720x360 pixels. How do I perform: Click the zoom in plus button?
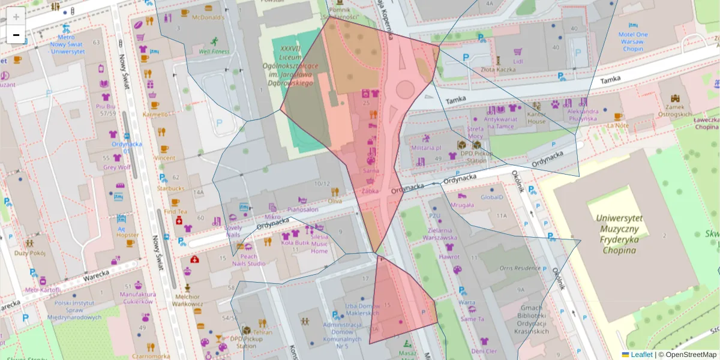16,17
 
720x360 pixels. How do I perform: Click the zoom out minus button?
16,35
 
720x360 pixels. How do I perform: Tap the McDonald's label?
208,17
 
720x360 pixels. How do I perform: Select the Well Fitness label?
214,52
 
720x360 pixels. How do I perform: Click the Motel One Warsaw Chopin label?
633,41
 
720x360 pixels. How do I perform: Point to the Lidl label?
518,61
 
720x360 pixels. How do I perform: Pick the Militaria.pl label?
427,147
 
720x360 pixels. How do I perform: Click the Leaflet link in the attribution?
641,355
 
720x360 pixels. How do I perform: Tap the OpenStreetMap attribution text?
687,355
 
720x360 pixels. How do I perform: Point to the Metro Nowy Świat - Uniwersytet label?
67,44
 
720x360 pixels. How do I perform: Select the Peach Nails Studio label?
248,260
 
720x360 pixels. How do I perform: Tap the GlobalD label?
492,197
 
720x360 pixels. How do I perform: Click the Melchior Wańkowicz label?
187,300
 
